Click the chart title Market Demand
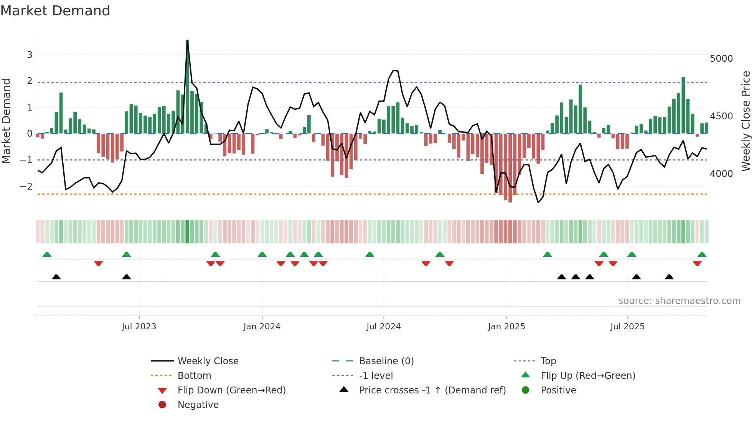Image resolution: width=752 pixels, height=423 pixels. pyautogui.click(x=55, y=11)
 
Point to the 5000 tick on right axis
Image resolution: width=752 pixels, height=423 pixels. pyautogui.click(x=721, y=59)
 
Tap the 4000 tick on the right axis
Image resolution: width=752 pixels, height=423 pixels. pyautogui.click(x=721, y=174)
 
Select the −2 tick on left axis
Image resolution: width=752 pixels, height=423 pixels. pyautogui.click(x=26, y=187)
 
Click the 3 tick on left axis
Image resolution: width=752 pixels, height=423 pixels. pyautogui.click(x=30, y=55)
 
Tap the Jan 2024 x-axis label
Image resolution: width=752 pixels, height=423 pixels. pyautogui.click(x=262, y=327)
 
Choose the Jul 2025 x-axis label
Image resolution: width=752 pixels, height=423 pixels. pyautogui.click(x=627, y=327)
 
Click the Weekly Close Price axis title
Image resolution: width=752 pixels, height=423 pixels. pyautogui.click(x=745, y=121)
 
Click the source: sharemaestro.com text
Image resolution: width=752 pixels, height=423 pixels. pyautogui.click(x=679, y=301)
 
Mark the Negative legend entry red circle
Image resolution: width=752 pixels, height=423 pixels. pyautogui.click(x=162, y=405)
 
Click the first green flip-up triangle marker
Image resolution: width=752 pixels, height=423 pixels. pyautogui.click(x=47, y=254)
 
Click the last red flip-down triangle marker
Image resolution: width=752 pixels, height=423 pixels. pyautogui.click(x=697, y=263)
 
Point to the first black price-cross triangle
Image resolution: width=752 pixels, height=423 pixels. pyautogui.click(x=56, y=277)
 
